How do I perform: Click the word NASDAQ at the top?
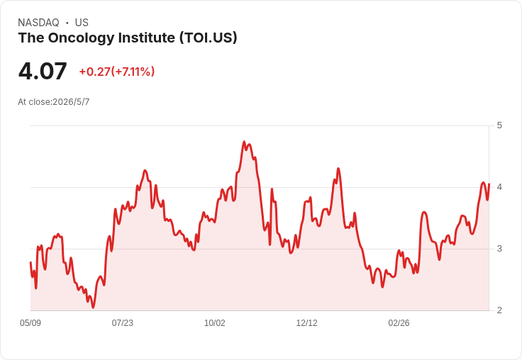pyautogui.click(x=38, y=23)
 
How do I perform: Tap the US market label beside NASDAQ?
pyautogui.click(x=82, y=23)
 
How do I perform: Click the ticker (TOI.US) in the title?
pyautogui.click(x=209, y=38)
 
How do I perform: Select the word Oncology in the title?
pyautogui.click(x=82, y=38)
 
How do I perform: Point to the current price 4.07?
pyautogui.click(x=43, y=72)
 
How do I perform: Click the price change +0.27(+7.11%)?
pyautogui.click(x=117, y=72)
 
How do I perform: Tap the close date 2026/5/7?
pyautogui.click(x=71, y=102)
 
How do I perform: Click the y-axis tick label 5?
pyautogui.click(x=499, y=125)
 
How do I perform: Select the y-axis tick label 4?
pyautogui.click(x=499, y=187)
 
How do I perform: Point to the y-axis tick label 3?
pyautogui.click(x=499, y=249)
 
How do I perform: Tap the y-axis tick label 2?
pyautogui.click(x=499, y=310)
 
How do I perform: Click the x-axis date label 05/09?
pyautogui.click(x=30, y=323)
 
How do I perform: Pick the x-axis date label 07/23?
pyautogui.click(x=122, y=323)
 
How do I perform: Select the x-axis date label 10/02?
pyautogui.click(x=214, y=323)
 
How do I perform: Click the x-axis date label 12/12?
pyautogui.click(x=306, y=323)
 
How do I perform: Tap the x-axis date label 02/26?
pyautogui.click(x=399, y=323)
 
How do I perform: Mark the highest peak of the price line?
pyautogui.click(x=244, y=142)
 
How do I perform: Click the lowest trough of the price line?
pyautogui.click(x=93, y=308)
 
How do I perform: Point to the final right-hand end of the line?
pyautogui.click(x=489, y=184)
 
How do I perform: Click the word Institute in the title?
pyautogui.click(x=147, y=38)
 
